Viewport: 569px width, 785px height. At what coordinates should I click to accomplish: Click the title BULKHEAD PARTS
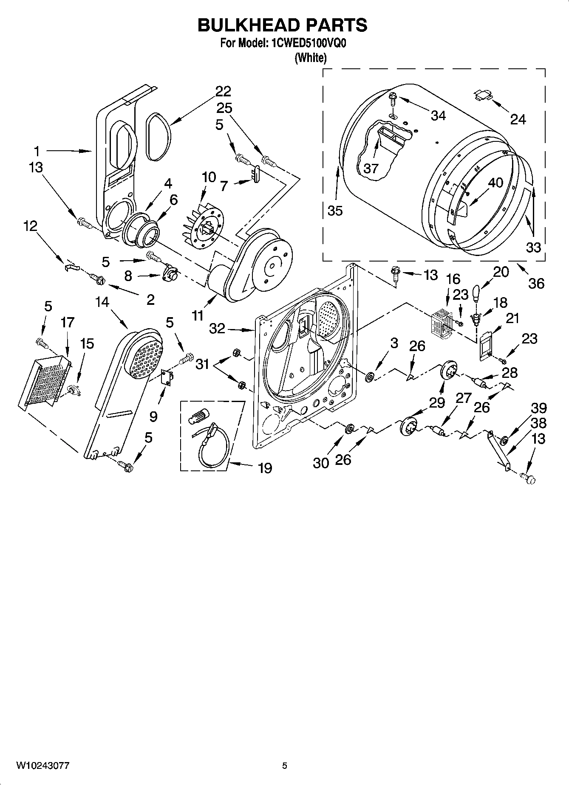click(x=283, y=25)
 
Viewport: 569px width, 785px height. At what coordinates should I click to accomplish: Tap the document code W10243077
click(x=43, y=765)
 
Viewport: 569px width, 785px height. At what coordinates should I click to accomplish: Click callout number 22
click(x=223, y=91)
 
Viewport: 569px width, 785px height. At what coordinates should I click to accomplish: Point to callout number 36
click(x=536, y=283)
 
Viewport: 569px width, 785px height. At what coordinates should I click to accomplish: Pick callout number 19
click(x=265, y=468)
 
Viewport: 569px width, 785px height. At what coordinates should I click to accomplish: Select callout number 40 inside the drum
click(x=495, y=183)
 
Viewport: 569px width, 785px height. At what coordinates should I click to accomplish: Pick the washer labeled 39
click(x=504, y=439)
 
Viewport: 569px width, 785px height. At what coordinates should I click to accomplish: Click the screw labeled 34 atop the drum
click(x=392, y=99)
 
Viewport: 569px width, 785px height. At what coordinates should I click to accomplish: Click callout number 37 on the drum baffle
click(x=371, y=169)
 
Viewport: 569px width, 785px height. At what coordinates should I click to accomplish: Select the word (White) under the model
click(x=311, y=58)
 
